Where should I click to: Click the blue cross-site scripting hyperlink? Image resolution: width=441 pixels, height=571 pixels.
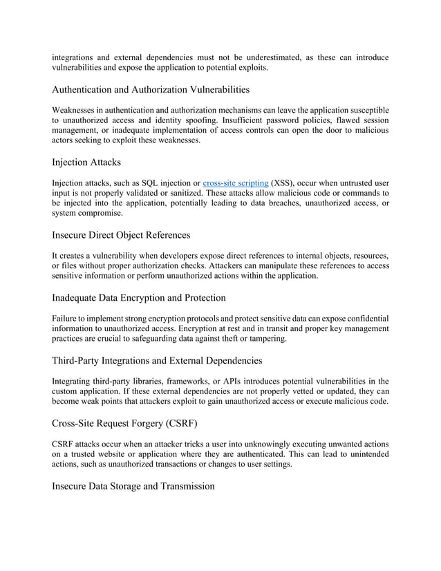tap(236, 182)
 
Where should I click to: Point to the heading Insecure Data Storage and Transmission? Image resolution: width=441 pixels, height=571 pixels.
tap(133, 486)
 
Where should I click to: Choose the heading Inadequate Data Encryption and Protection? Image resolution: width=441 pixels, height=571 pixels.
tap(138, 298)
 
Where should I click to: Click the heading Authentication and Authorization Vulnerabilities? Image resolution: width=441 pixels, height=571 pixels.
tap(151, 89)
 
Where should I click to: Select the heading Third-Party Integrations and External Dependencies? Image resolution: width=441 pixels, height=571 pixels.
tap(157, 360)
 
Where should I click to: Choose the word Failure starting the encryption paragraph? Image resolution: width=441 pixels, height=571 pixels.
tap(67, 318)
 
